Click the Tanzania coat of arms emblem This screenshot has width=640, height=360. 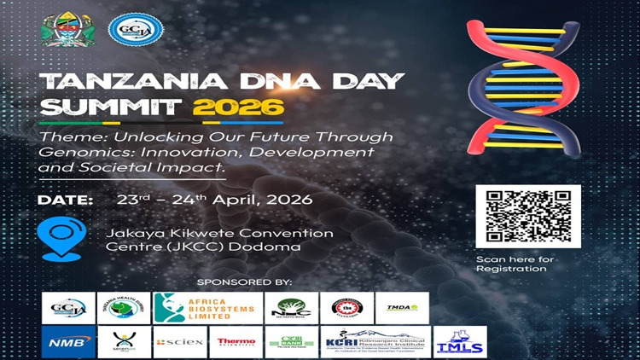[x=62, y=30]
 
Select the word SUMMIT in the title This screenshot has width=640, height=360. [x=112, y=108]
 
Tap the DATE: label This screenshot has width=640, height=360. [x=65, y=200]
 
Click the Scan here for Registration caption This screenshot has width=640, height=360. [x=515, y=264]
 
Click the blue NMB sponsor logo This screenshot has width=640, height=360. [x=67, y=342]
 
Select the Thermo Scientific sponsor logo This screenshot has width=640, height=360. [x=236, y=342]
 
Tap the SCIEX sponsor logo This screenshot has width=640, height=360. [x=179, y=342]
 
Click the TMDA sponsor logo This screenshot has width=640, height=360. [x=401, y=308]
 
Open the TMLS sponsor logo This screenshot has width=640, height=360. [x=459, y=342]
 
